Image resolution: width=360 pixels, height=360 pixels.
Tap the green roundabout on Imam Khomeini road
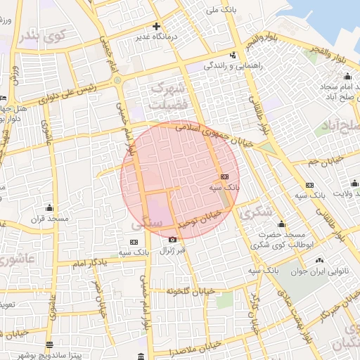(x=117, y=79)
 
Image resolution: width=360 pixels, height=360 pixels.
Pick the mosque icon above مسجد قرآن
(x=49, y=207)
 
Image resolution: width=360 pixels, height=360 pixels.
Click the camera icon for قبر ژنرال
(x=173, y=239)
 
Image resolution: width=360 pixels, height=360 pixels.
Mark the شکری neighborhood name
(x=255, y=211)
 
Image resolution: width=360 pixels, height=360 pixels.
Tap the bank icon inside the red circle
(x=224, y=177)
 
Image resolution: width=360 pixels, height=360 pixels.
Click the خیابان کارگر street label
(x=255, y=310)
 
